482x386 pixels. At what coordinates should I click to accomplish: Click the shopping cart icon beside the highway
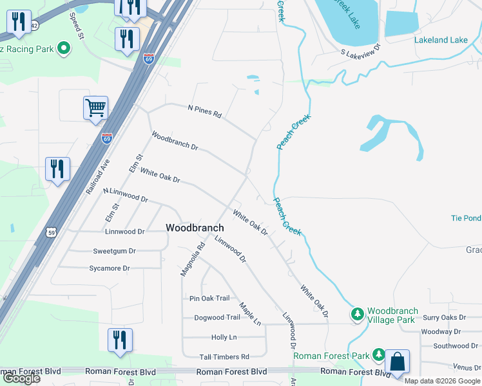click(x=95, y=108)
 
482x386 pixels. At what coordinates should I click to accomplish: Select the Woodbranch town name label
click(x=195, y=228)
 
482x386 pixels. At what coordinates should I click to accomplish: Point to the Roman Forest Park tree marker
click(x=379, y=355)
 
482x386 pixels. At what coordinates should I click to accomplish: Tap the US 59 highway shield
click(x=52, y=232)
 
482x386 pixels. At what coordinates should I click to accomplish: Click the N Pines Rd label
click(x=204, y=111)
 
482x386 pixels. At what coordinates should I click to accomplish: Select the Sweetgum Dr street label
click(x=114, y=251)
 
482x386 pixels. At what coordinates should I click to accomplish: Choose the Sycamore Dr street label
click(x=108, y=268)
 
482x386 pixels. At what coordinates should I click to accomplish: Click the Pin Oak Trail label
click(x=209, y=298)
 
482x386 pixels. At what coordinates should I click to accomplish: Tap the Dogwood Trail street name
click(x=217, y=317)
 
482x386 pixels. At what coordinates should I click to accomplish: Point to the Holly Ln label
click(x=224, y=337)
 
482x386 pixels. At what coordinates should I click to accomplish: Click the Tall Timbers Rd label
click(x=224, y=356)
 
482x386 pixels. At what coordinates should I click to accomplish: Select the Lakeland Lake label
click(x=441, y=40)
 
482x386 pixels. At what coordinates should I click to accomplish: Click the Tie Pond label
click(x=465, y=218)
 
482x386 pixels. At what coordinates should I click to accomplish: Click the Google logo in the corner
click(x=21, y=378)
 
